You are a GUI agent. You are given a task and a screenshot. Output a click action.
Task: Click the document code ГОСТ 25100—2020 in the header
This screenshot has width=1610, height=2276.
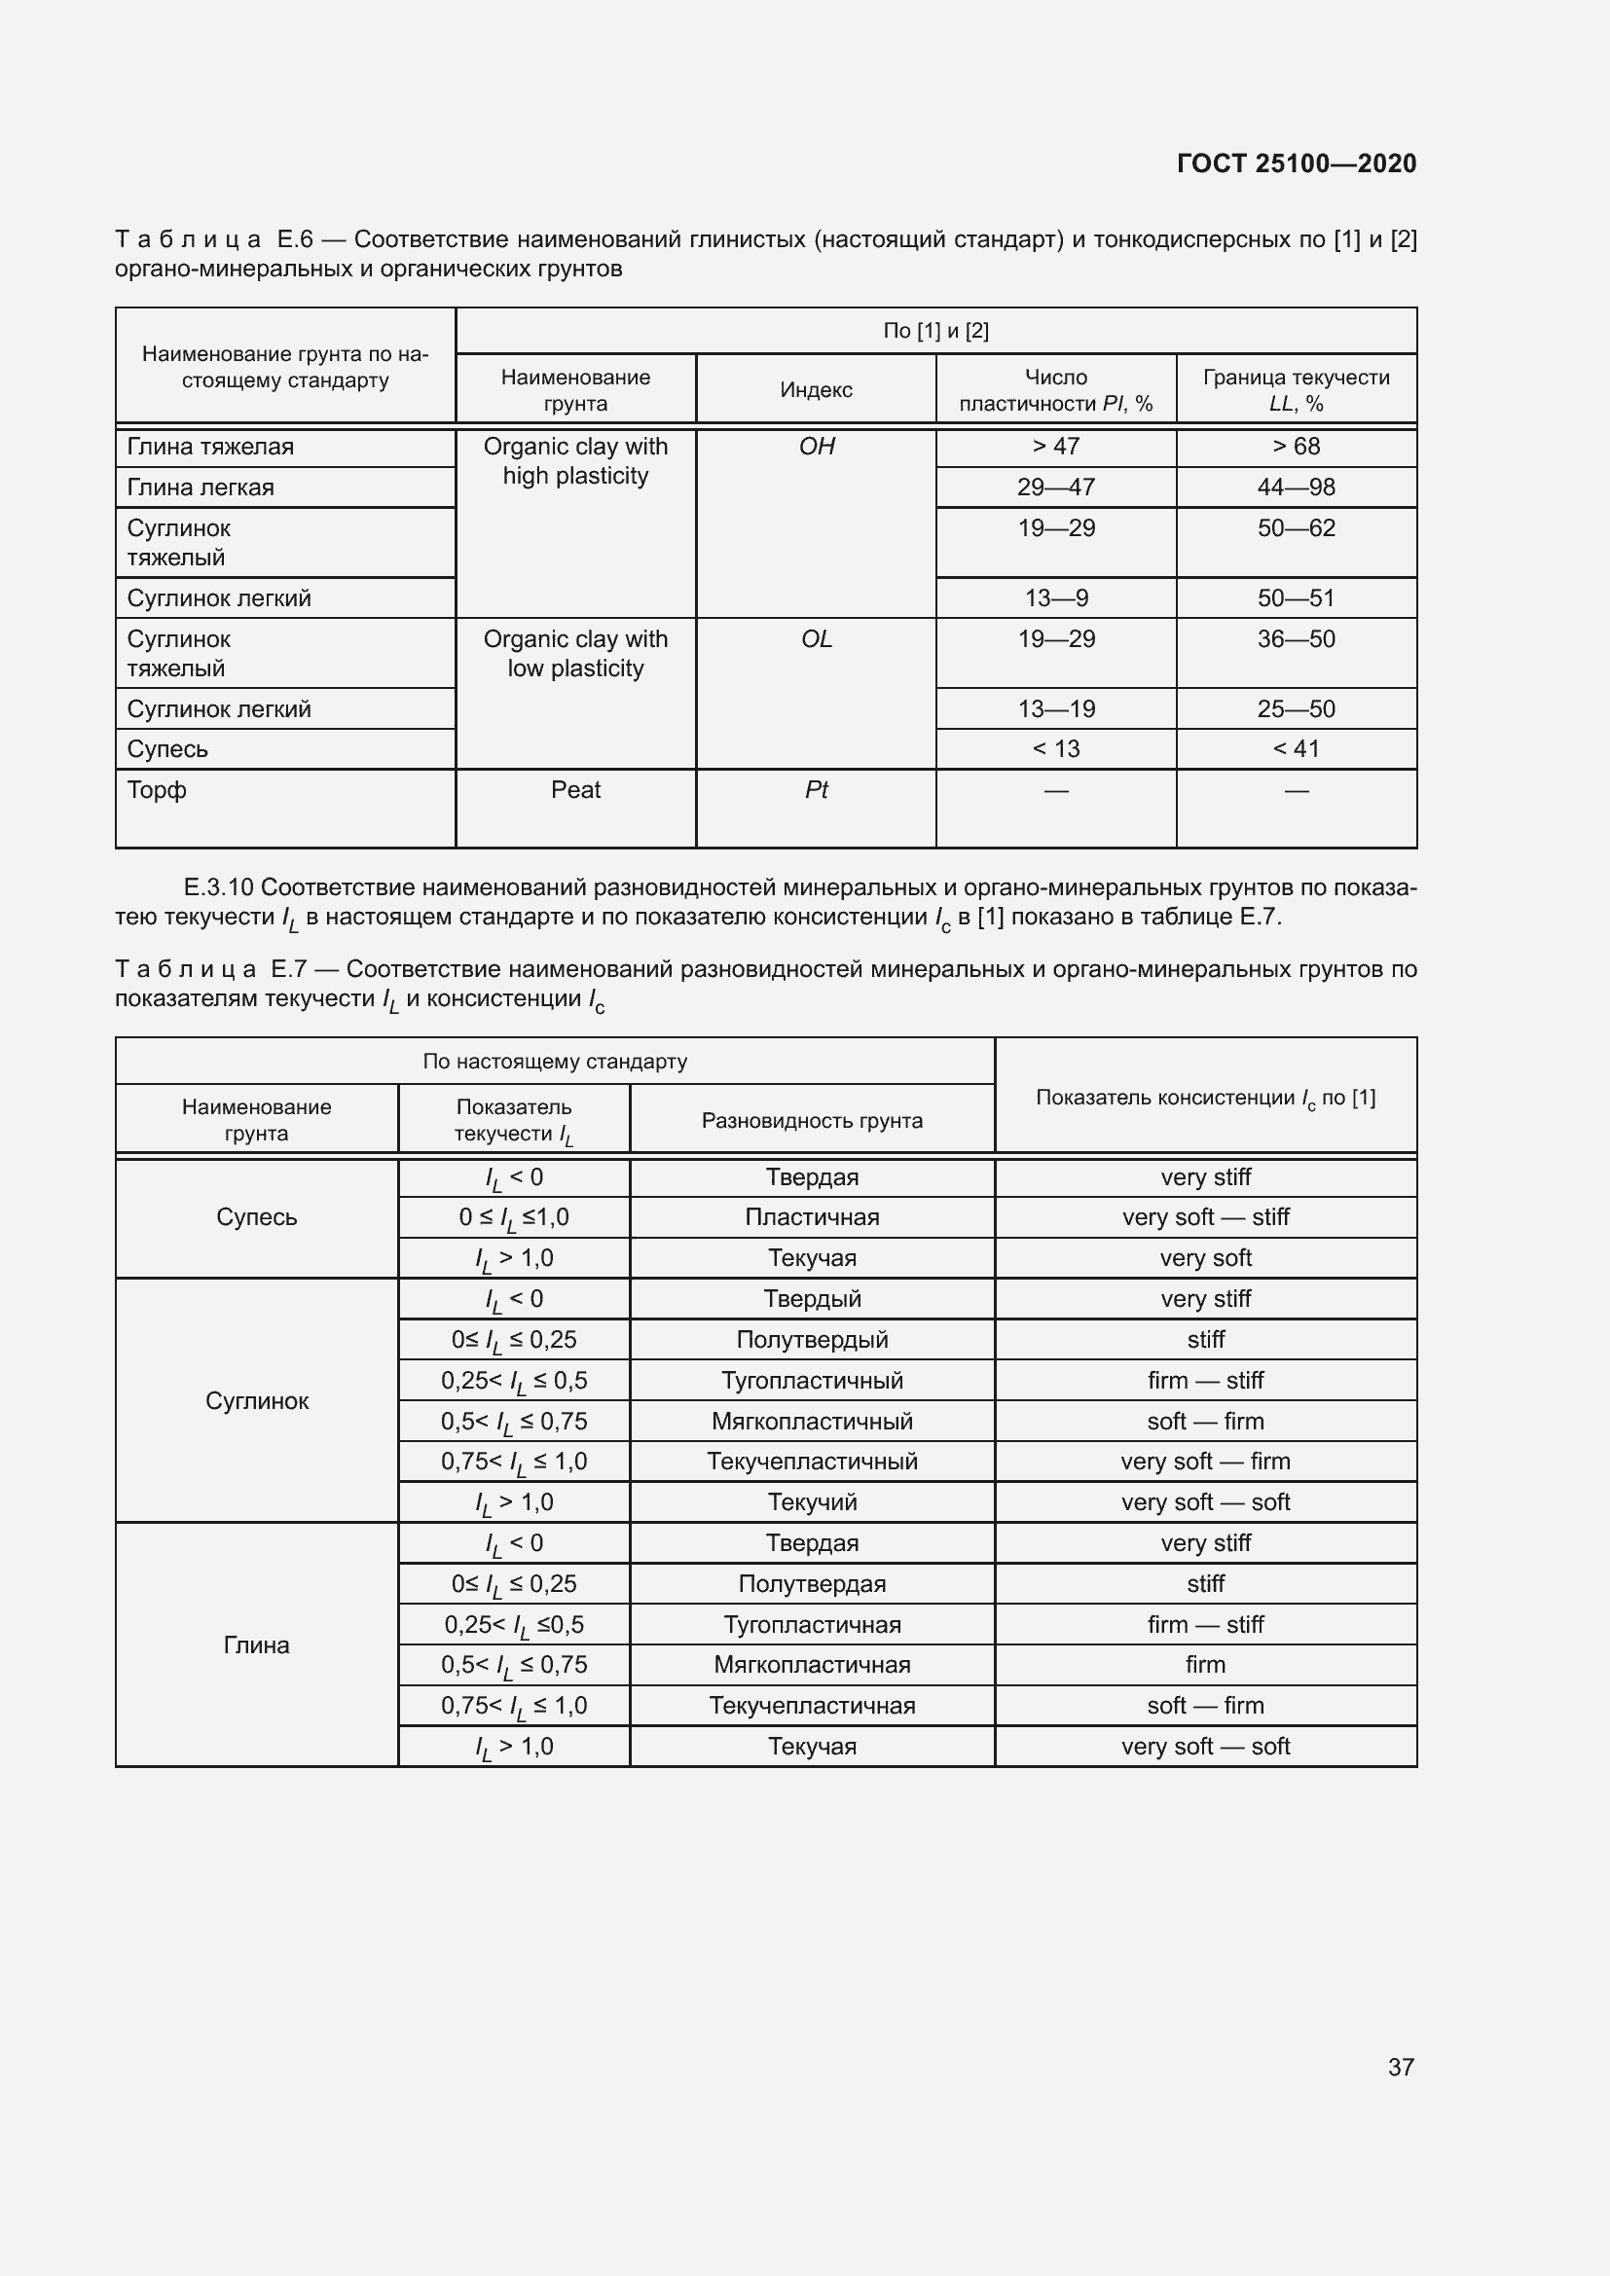(x=1296, y=163)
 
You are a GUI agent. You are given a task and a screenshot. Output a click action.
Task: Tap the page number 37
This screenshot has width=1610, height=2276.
(x=1400, y=2067)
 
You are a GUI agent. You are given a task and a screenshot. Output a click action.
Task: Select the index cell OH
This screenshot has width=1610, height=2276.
(x=816, y=447)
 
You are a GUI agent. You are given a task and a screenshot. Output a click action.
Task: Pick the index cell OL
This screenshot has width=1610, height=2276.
(x=816, y=639)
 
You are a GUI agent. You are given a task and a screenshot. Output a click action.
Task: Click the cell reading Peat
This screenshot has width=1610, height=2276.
(x=575, y=790)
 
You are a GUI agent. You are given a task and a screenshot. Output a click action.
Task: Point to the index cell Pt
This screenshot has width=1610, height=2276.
(x=816, y=790)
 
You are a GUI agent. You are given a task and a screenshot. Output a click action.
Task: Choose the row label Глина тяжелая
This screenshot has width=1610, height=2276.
(x=210, y=447)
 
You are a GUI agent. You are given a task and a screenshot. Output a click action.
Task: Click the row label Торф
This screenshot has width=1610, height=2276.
(x=157, y=790)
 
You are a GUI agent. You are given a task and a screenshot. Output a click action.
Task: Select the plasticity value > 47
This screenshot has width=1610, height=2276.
(x=1056, y=447)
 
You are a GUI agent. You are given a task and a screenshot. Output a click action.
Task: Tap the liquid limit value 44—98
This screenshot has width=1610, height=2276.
(x=1296, y=488)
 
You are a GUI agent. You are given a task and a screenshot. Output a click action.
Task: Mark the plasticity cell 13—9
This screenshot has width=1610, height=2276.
(x=1056, y=598)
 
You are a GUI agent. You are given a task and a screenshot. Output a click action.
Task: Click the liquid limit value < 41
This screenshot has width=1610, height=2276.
(x=1296, y=749)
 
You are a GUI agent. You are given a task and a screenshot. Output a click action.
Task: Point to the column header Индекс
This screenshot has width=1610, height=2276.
(x=816, y=390)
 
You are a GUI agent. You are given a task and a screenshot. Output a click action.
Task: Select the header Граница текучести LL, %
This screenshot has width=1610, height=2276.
(x=1296, y=390)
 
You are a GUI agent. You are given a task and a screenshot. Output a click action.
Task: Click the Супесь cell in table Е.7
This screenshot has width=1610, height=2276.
(x=257, y=1217)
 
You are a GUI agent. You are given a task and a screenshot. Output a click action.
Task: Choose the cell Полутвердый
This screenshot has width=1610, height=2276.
(x=812, y=1340)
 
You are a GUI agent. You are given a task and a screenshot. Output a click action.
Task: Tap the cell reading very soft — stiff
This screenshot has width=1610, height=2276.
(x=1205, y=1217)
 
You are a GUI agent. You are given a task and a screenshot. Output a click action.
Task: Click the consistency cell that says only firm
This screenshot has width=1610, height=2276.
(x=1205, y=1664)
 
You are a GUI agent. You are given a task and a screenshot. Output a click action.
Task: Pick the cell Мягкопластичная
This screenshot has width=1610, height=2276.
(x=812, y=1664)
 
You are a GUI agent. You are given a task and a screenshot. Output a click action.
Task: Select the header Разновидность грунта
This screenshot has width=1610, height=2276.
(x=812, y=1121)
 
